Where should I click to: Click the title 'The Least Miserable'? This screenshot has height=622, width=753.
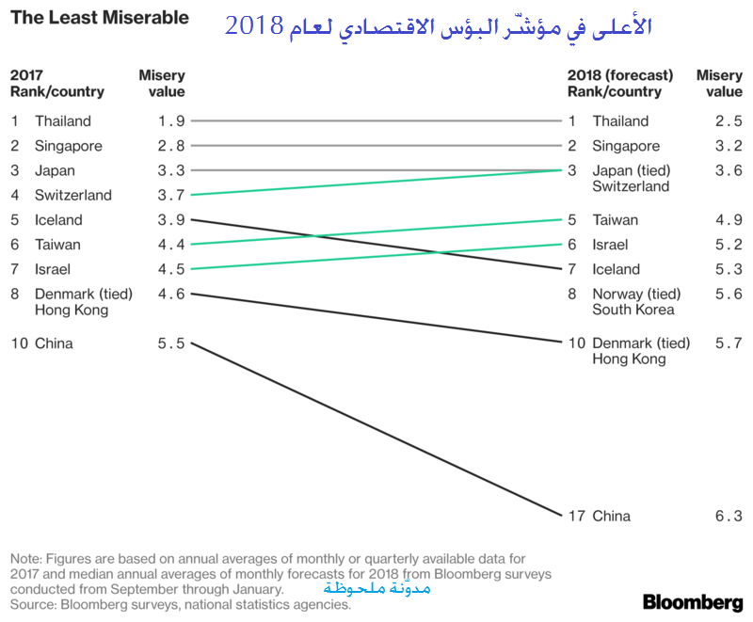pos(99,18)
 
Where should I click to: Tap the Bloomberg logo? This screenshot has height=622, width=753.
pos(692,601)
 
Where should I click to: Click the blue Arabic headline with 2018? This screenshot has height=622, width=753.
pos(438,25)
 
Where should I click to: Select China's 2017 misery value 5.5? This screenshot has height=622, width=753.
pos(171,343)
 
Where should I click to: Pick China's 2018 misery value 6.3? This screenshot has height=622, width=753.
pos(729,516)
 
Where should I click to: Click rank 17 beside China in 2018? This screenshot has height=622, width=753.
pos(575,516)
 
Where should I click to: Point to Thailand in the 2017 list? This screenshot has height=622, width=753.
pos(63,120)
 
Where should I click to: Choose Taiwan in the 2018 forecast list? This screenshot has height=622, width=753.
pos(615,220)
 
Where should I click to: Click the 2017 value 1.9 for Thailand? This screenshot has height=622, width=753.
pos(171,120)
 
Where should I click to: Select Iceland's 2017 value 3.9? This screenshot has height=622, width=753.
pos(171,220)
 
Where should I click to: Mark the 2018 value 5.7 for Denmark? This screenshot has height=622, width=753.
pos(729,343)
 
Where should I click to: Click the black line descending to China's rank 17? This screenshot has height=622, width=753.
pos(376,430)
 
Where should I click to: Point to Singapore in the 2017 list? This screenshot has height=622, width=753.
pos(69,146)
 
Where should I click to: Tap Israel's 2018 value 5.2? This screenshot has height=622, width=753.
pos(729,245)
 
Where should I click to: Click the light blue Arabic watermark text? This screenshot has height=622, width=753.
pos(376,588)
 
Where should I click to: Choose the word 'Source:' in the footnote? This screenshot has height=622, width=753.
pos(36,604)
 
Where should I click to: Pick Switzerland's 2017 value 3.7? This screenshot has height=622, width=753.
pos(171,195)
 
